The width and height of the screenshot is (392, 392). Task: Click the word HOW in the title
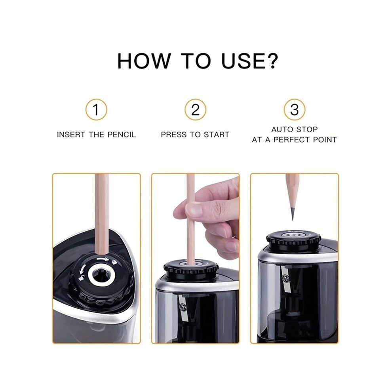pyautogui.click(x=144, y=61)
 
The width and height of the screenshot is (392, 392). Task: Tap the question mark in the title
pyautogui.click(x=270, y=61)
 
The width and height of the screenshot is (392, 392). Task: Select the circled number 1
pyautogui.click(x=96, y=110)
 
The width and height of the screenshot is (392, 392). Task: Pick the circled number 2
pyautogui.click(x=196, y=110)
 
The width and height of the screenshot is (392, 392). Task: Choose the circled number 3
pyautogui.click(x=295, y=110)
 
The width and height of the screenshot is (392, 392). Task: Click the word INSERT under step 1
pyautogui.click(x=71, y=135)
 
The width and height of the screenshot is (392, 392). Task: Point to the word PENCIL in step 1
pyautogui.click(x=122, y=135)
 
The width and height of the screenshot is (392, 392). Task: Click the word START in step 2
pyautogui.click(x=217, y=135)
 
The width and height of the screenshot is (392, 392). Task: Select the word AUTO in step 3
pyautogui.click(x=282, y=129)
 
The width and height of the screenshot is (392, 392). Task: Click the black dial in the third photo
pyautogui.click(x=293, y=239)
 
